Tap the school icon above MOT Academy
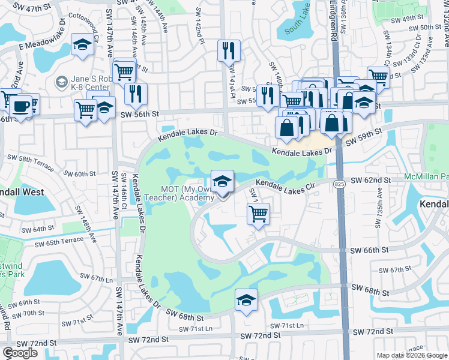222,181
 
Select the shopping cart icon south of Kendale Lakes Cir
258,214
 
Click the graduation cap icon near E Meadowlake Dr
82,45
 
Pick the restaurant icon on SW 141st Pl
229,50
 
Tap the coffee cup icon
20,106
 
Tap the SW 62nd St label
370,180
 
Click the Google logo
20,353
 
